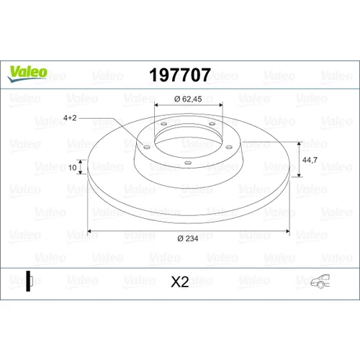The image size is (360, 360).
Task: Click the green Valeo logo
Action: [x=27, y=73]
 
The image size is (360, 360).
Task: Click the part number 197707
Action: [x=180, y=75]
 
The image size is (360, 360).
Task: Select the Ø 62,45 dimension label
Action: [x=188, y=99]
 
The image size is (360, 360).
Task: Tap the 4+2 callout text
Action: [x=70, y=118]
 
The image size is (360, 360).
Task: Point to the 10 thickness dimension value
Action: [x=72, y=167]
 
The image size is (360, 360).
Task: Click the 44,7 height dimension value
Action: [x=310, y=160]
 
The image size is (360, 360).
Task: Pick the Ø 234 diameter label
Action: [x=188, y=238]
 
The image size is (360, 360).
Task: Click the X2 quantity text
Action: [x=180, y=282]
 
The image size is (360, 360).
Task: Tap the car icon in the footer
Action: [x=320, y=281]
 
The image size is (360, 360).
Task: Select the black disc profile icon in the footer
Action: [x=30, y=281]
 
